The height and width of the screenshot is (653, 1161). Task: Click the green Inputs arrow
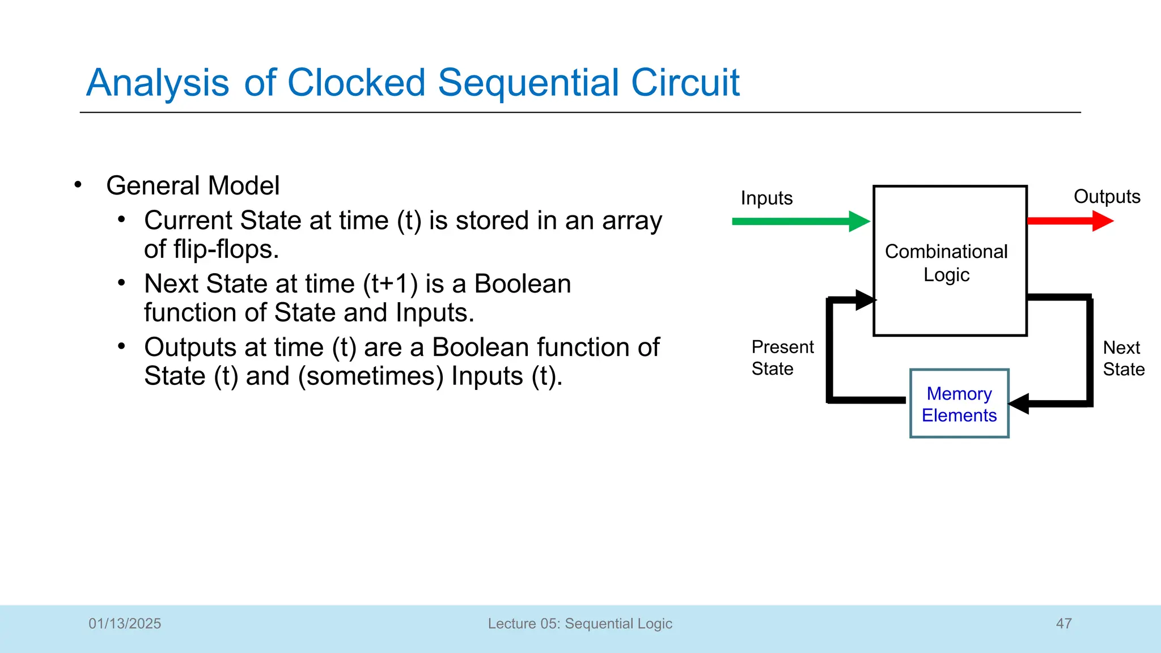tap(799, 221)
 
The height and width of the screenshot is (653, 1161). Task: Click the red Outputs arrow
tap(1069, 221)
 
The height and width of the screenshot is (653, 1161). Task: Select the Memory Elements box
tap(959, 404)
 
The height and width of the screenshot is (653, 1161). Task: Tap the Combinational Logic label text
tap(946, 262)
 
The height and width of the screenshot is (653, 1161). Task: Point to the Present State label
tap(782, 357)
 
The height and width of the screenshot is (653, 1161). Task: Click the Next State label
tap(1123, 358)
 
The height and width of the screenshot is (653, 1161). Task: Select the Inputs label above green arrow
tap(766, 198)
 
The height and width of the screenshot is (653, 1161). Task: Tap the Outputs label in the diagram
tap(1107, 196)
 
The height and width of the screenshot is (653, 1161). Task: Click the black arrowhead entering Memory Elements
tap(1019, 404)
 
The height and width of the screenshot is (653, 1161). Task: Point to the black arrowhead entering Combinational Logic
tap(865, 299)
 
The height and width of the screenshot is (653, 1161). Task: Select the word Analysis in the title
tap(158, 83)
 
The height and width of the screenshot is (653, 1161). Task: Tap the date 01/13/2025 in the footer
tap(125, 624)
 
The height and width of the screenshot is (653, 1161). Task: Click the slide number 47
tap(1063, 624)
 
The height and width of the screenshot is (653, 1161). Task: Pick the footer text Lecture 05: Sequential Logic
tap(580, 624)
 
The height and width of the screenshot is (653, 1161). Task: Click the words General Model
tap(193, 185)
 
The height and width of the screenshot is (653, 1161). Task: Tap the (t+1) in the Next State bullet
tap(391, 283)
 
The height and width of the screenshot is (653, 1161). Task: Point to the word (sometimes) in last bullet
tap(371, 376)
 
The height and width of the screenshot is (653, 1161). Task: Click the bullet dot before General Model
tap(78, 185)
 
